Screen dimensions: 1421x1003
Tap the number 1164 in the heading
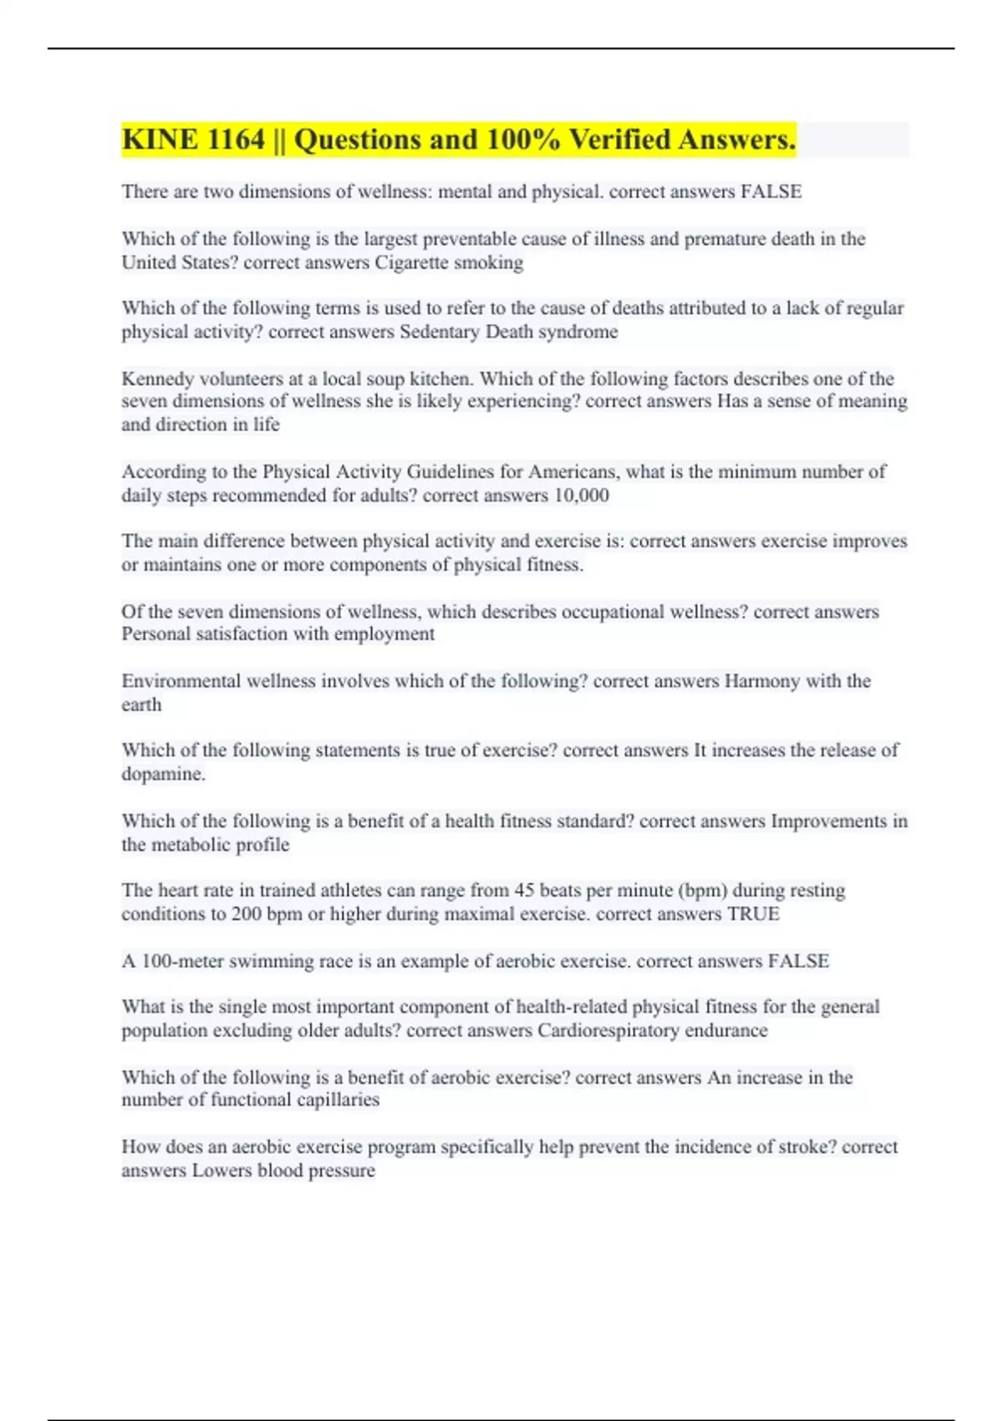(x=235, y=140)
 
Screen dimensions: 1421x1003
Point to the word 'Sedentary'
(x=440, y=332)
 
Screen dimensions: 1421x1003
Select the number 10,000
(x=581, y=496)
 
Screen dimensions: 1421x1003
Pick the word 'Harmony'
(x=761, y=681)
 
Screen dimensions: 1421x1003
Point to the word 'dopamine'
(x=162, y=774)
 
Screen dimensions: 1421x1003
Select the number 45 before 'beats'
(x=524, y=890)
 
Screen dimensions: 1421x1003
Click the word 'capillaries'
(x=333, y=1100)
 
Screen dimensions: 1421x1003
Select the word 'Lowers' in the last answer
(x=221, y=1170)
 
